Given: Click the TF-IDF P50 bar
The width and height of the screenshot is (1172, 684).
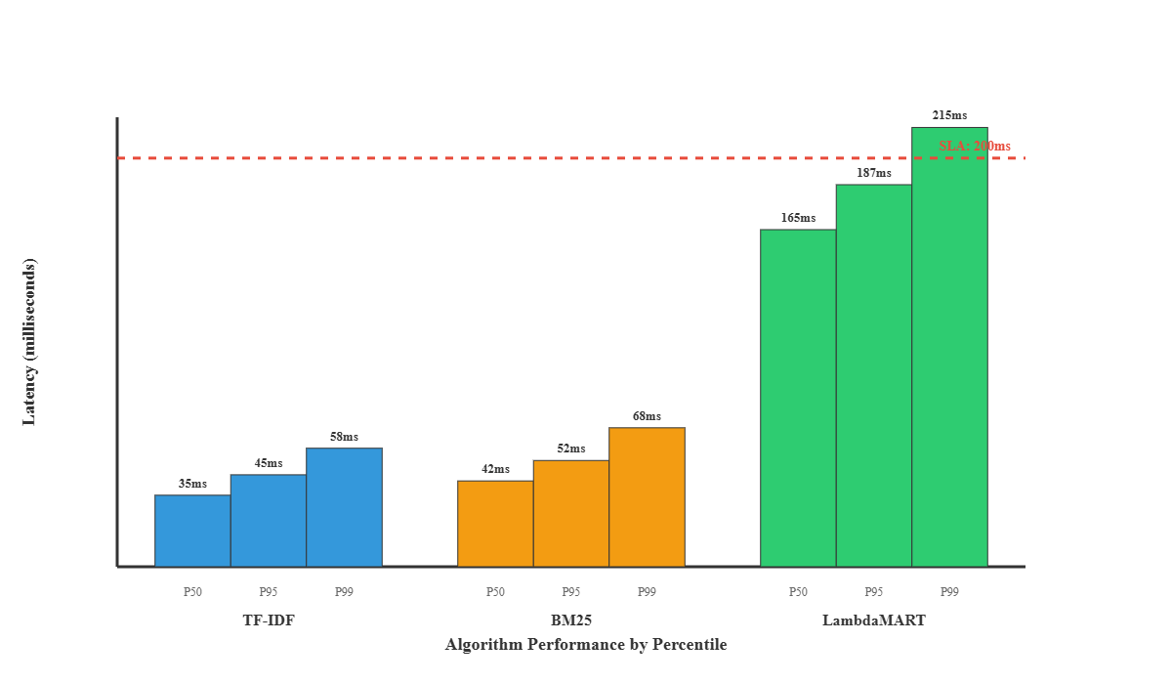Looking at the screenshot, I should pyautogui.click(x=192, y=531).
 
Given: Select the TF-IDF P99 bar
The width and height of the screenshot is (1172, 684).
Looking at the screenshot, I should pyautogui.click(x=344, y=507).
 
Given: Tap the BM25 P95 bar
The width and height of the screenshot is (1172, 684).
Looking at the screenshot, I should pyautogui.click(x=571, y=513).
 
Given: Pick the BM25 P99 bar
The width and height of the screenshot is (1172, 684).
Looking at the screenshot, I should pyautogui.click(x=647, y=496).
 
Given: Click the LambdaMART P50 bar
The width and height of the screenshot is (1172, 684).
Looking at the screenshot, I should pyautogui.click(x=798, y=398).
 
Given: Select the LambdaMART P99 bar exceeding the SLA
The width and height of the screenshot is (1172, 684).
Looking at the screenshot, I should pyautogui.click(x=949, y=347).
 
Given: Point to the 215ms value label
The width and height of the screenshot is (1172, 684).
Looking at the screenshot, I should pyautogui.click(x=949, y=115).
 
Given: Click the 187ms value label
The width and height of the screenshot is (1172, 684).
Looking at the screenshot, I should pyautogui.click(x=874, y=173).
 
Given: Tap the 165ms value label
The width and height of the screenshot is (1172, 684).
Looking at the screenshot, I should pyautogui.click(x=798, y=218).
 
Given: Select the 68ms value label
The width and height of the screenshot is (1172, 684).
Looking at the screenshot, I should pyautogui.click(x=647, y=416).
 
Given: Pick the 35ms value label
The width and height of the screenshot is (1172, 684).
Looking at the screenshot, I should pyautogui.click(x=192, y=484).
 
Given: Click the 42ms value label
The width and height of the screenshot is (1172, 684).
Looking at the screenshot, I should pyautogui.click(x=495, y=469).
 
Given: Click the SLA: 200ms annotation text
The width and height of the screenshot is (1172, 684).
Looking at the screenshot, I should pyautogui.click(x=974, y=147).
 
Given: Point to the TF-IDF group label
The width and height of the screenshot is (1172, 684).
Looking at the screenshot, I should pyautogui.click(x=269, y=620).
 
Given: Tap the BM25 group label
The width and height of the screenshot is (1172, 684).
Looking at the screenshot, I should pyautogui.click(x=571, y=620).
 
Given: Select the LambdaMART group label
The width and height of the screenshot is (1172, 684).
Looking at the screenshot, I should pyautogui.click(x=874, y=620).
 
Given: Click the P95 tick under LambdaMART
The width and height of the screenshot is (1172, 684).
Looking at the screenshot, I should pyautogui.click(x=874, y=591).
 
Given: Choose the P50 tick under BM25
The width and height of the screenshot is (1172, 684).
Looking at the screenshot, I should pyautogui.click(x=495, y=591).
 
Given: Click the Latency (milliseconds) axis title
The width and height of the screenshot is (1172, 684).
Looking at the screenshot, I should pyautogui.click(x=29, y=342).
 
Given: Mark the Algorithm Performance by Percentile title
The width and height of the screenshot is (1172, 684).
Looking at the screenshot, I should pyautogui.click(x=586, y=645).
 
